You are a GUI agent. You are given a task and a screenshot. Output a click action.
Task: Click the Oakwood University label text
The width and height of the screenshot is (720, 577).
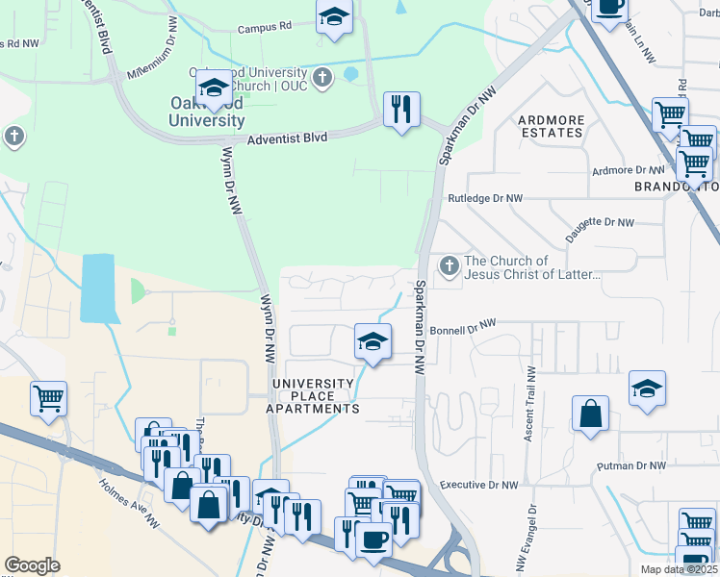point(206,113)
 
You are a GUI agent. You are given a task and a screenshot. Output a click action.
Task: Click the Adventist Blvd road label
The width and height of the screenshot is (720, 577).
point(288,138)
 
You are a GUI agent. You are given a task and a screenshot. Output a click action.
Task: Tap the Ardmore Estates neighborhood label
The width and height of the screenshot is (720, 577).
point(551,126)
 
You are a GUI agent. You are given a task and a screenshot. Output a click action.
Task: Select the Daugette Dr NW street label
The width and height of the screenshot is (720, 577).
point(600,222)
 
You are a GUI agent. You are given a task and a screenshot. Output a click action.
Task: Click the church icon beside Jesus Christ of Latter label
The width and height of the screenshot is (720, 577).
point(448,266)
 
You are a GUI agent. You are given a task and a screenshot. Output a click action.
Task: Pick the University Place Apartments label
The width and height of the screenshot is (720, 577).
point(316,396)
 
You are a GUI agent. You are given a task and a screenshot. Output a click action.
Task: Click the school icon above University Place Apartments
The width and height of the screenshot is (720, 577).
point(373,341)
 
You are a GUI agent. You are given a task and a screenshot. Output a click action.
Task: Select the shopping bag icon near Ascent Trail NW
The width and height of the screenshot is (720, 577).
point(590,414)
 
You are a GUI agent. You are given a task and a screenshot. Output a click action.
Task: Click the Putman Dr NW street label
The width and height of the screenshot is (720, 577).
point(630,466)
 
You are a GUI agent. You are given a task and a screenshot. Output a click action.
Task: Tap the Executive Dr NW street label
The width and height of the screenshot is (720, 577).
point(476,486)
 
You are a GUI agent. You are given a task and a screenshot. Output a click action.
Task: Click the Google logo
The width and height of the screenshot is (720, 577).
point(32,565)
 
